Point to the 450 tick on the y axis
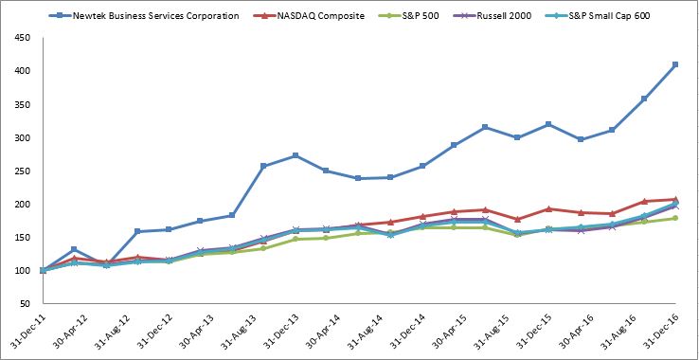tap(23, 37)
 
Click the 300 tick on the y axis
tap(23, 137)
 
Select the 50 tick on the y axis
tap(26, 304)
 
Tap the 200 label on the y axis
tap(23, 205)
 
